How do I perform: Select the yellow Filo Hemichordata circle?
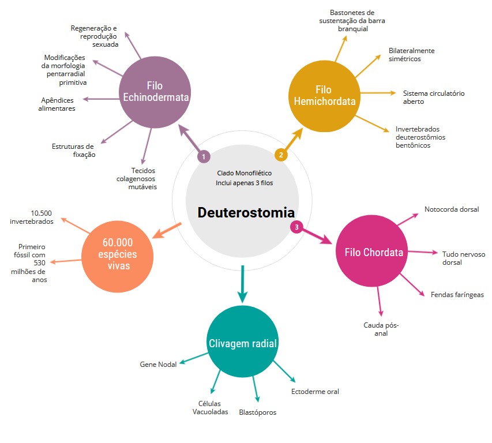(324, 96)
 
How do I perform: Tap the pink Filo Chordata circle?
(373, 252)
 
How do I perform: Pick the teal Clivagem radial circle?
(243, 344)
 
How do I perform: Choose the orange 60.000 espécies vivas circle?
(117, 254)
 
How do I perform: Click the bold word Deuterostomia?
(246, 212)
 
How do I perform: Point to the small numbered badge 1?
(203, 156)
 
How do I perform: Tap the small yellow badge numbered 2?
(281, 155)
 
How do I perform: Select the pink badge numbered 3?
(296, 227)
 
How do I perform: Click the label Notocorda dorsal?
(452, 209)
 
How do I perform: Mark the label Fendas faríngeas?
(457, 295)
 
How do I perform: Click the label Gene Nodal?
(158, 365)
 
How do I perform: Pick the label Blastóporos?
(257, 412)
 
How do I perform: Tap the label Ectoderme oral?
(315, 392)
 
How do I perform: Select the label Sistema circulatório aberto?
(433, 97)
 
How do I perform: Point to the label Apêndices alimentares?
(58, 104)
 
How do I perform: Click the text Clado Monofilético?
(244, 172)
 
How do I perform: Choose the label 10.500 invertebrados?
(32, 217)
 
